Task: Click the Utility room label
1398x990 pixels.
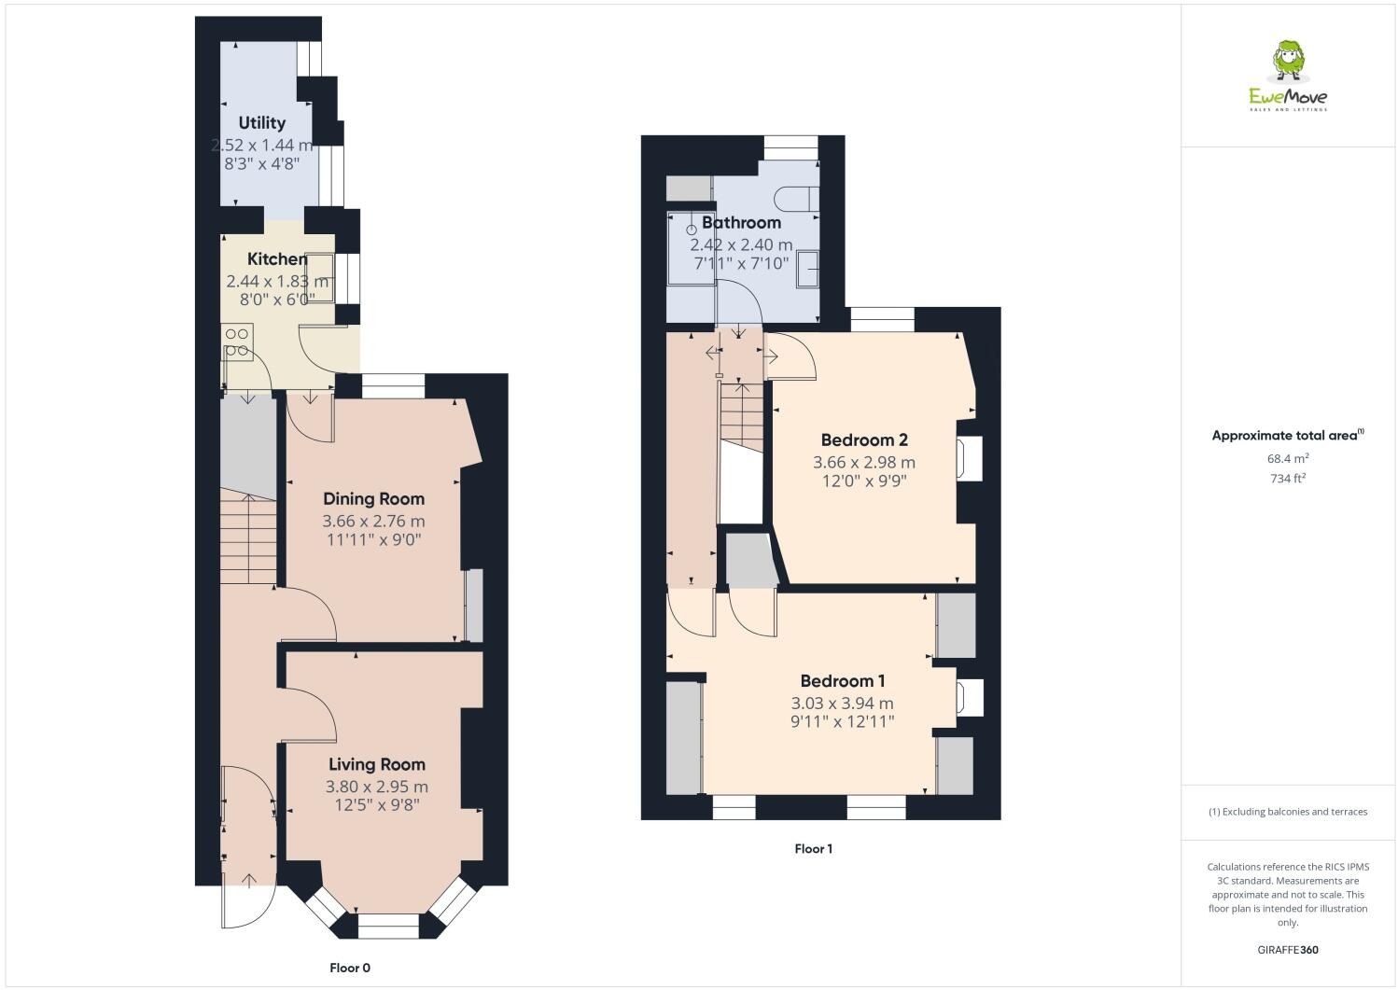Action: click(261, 123)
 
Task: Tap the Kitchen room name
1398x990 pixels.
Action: click(276, 259)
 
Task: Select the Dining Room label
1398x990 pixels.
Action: click(373, 499)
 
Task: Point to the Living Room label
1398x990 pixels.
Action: click(375, 764)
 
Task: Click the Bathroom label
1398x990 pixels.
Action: click(741, 223)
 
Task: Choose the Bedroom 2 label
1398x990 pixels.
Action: click(864, 439)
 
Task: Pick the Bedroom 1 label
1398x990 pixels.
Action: click(843, 681)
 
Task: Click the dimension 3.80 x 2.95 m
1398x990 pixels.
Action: click(376, 787)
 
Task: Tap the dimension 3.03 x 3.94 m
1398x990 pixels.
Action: click(843, 704)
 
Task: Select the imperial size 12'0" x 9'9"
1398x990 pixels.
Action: click(864, 481)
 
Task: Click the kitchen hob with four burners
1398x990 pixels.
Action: click(237, 342)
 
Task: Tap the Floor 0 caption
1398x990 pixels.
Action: click(350, 968)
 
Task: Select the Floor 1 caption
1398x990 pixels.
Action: click(813, 849)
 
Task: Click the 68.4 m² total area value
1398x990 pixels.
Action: click(1287, 458)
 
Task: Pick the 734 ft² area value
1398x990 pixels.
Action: click(1287, 479)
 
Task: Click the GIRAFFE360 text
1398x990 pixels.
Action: click(1288, 950)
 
